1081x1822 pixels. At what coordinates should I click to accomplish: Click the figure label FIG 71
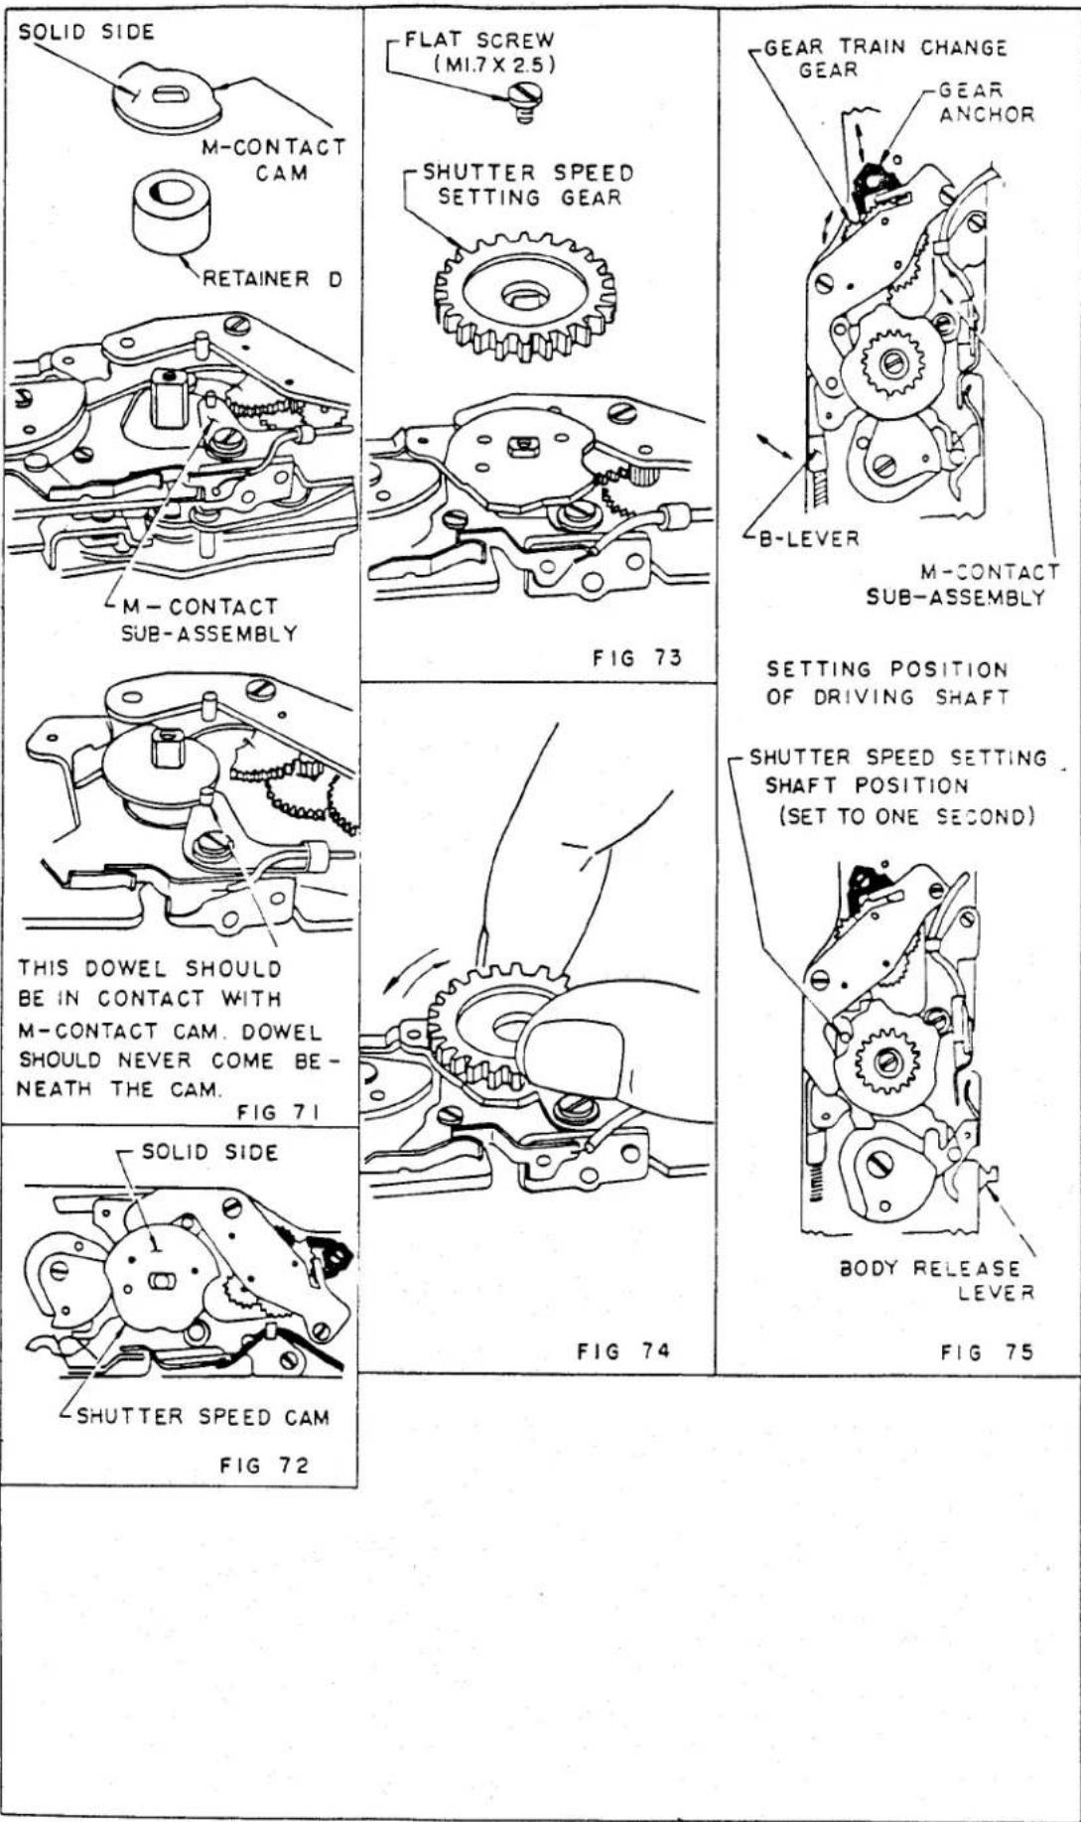(x=278, y=1112)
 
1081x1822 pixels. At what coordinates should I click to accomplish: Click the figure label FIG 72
(x=264, y=1465)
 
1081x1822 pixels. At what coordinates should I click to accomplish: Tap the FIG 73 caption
(x=637, y=657)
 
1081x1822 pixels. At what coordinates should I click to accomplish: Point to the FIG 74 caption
(x=623, y=1350)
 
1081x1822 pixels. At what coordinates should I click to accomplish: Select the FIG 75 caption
(x=987, y=1351)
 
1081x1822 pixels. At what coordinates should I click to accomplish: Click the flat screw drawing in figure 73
(x=523, y=101)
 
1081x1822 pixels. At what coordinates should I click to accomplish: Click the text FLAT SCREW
(x=478, y=41)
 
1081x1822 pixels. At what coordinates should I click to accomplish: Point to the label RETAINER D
(x=272, y=279)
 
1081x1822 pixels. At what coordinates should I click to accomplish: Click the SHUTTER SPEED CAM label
(x=203, y=1417)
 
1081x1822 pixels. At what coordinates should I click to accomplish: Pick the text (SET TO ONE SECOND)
(x=906, y=816)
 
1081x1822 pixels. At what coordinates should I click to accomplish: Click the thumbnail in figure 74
(x=564, y=1039)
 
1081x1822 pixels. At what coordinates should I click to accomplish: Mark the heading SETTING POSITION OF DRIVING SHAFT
(x=887, y=683)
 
